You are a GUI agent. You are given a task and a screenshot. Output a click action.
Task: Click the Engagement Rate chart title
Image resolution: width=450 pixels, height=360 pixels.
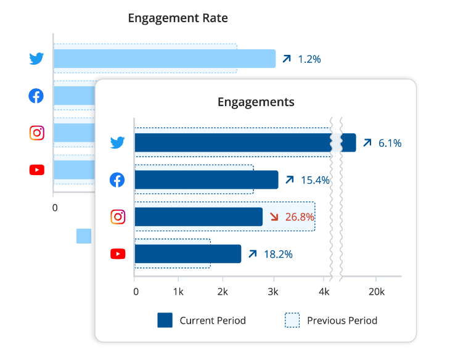click(178, 18)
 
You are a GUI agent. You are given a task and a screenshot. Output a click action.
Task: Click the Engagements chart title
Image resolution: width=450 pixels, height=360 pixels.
click(256, 102)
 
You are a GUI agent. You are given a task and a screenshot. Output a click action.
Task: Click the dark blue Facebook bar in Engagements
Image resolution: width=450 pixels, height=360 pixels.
click(206, 180)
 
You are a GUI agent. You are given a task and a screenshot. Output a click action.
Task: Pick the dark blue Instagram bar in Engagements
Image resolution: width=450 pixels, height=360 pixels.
click(198, 217)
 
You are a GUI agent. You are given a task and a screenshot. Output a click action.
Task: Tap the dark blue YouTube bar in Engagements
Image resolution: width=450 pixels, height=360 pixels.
click(187, 254)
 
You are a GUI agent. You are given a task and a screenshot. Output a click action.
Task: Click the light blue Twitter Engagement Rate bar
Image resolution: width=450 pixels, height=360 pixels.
click(164, 59)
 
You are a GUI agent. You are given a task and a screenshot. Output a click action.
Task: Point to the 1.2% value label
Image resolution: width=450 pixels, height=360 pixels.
click(309, 59)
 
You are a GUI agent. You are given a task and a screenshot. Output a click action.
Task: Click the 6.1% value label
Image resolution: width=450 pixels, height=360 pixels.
click(390, 143)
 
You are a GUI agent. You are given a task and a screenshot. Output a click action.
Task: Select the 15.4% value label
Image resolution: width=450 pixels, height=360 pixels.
click(315, 180)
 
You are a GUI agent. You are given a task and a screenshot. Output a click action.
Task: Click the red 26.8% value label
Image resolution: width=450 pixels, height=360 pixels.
click(300, 217)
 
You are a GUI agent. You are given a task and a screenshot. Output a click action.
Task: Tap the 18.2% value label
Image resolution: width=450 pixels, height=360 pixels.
click(279, 254)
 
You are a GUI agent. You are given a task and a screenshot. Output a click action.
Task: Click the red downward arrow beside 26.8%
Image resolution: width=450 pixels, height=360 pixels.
click(274, 217)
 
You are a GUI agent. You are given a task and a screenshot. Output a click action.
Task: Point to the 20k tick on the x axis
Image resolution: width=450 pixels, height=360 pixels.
click(376, 291)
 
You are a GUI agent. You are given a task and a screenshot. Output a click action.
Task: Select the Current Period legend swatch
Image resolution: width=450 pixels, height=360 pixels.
click(165, 321)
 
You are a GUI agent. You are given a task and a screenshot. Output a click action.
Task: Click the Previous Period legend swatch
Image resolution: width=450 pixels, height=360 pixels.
click(292, 321)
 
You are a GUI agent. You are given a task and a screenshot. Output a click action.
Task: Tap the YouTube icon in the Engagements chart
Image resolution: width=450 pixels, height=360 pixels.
click(117, 254)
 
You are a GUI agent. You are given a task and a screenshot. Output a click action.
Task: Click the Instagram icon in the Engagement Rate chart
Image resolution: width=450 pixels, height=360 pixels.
click(37, 133)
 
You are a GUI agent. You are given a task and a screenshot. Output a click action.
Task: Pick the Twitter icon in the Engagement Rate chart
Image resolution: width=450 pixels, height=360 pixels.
click(37, 59)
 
